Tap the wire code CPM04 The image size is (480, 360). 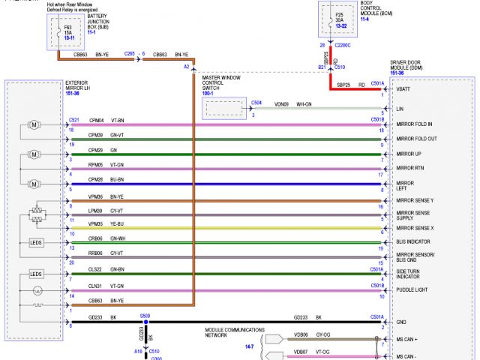point(96,120)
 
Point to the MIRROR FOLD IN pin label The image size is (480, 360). point(415,124)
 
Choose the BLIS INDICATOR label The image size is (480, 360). point(413,241)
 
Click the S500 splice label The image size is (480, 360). point(145,316)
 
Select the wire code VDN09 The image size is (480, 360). point(281,104)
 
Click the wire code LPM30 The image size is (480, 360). point(96,211)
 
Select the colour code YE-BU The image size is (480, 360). point(117,223)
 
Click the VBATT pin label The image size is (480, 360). point(404,89)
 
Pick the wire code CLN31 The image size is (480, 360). point(96,286)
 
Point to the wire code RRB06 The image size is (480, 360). point(96,254)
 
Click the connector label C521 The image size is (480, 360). point(73,120)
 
